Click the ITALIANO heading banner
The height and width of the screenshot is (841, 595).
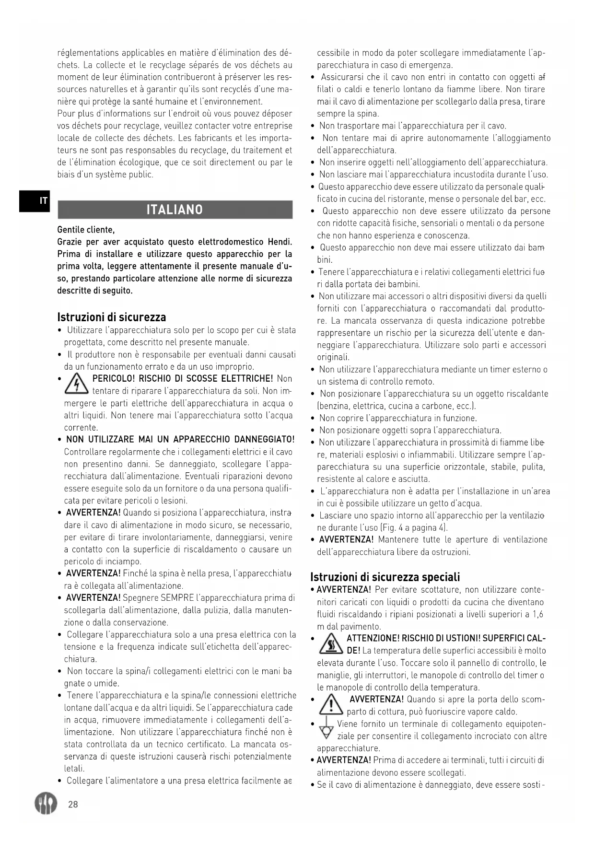coord(175,210)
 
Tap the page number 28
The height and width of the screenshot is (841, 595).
coord(73,804)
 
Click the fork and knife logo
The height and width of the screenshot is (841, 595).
coord(46,803)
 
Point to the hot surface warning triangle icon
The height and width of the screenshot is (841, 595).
coord(331,644)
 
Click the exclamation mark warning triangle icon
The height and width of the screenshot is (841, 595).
coord(331,705)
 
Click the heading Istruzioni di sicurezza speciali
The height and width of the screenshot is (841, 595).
coord(385,576)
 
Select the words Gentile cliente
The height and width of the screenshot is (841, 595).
coord(86,230)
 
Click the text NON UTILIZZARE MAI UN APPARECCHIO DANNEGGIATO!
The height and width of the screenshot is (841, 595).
coord(180,440)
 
